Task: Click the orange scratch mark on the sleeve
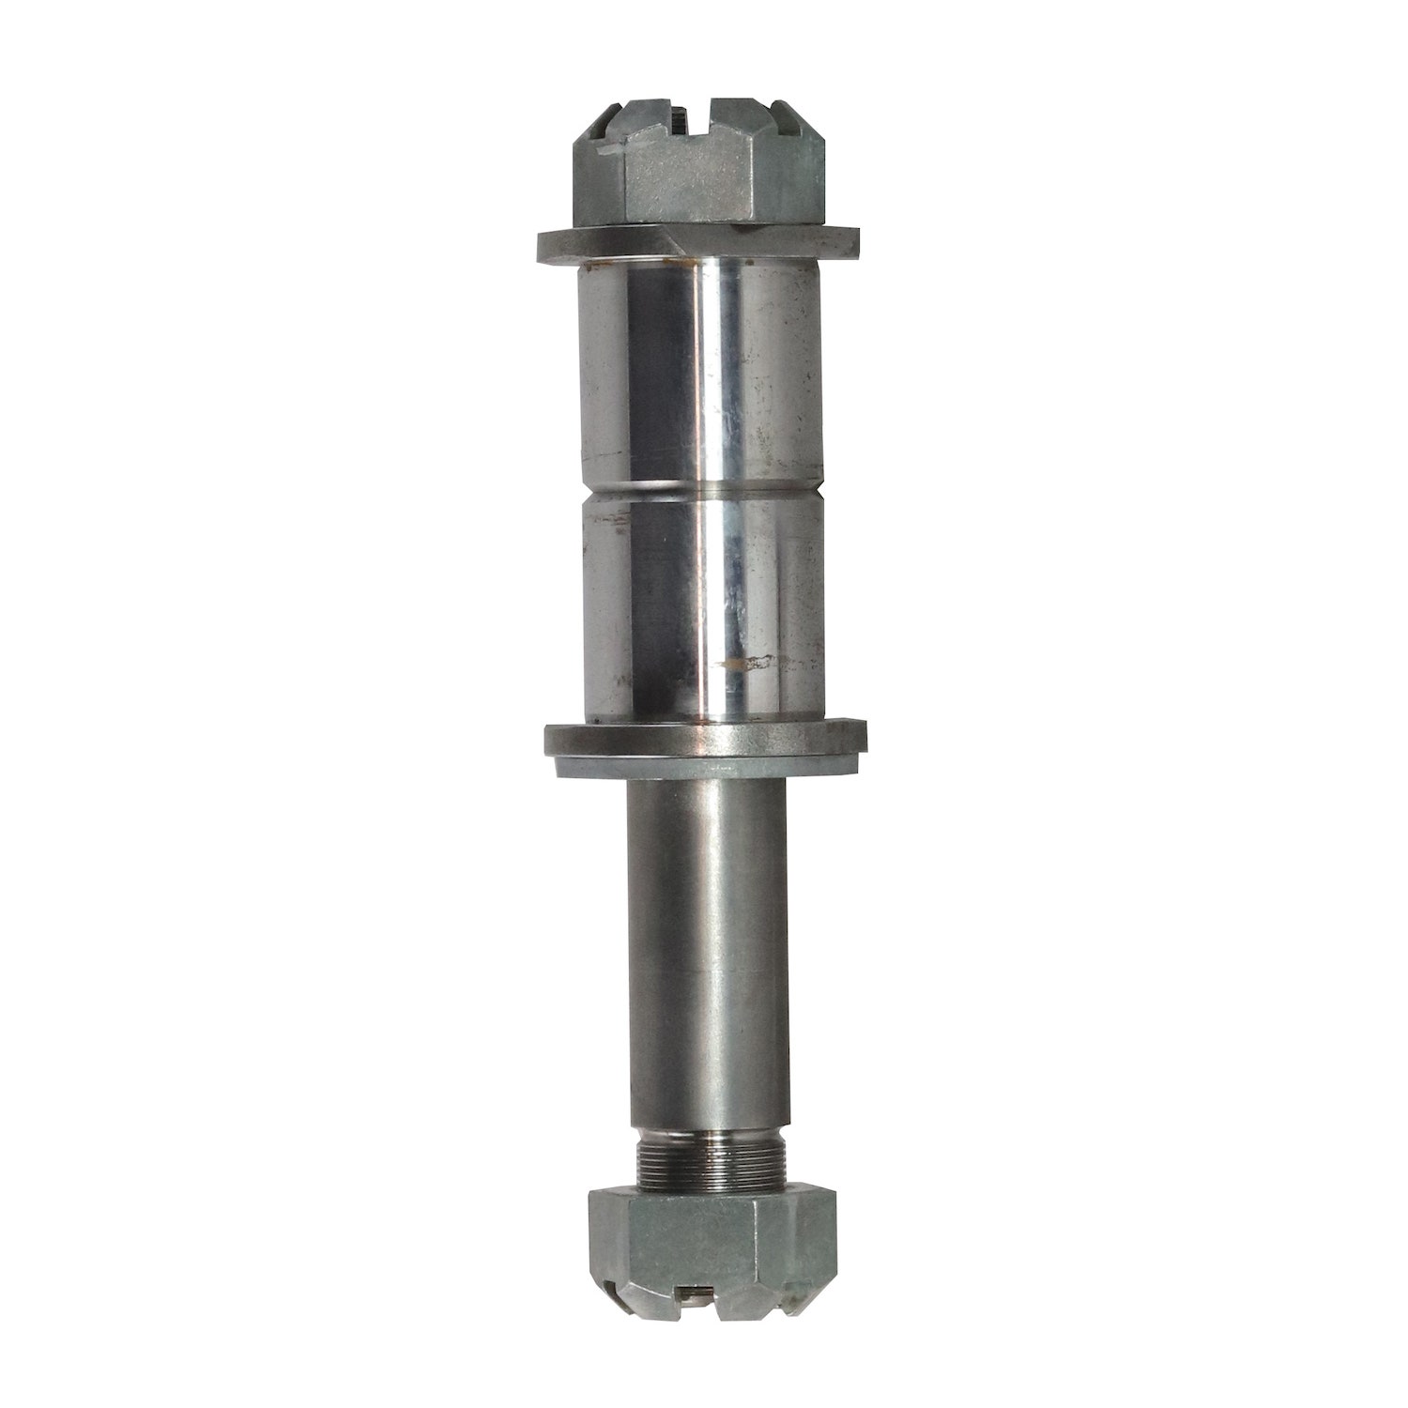751,665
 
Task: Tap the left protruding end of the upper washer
554,246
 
